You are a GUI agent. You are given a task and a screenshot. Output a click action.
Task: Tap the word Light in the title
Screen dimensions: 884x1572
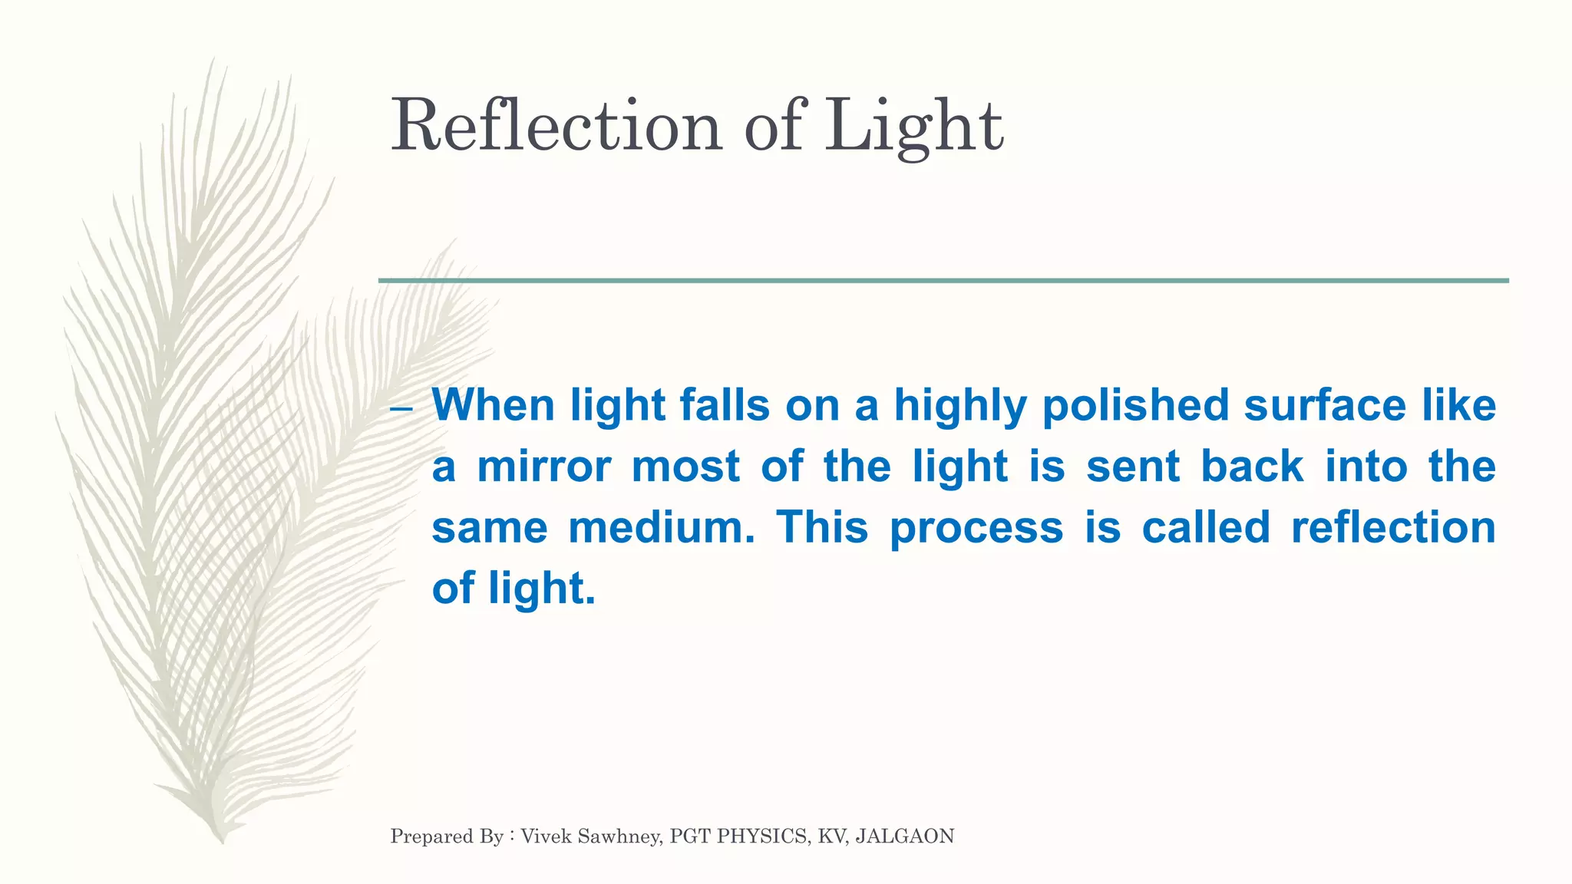913,127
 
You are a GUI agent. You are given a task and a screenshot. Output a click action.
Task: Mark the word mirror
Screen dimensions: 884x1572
543,466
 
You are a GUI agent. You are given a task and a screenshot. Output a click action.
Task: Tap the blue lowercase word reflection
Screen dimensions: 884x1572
1393,527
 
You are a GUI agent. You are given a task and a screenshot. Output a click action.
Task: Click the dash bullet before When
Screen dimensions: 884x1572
401,408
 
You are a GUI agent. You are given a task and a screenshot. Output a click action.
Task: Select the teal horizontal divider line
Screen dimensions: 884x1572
943,281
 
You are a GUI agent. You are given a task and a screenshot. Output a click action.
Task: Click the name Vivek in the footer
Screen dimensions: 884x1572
547,836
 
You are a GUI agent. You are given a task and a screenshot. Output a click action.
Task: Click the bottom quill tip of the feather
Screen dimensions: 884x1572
222,841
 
